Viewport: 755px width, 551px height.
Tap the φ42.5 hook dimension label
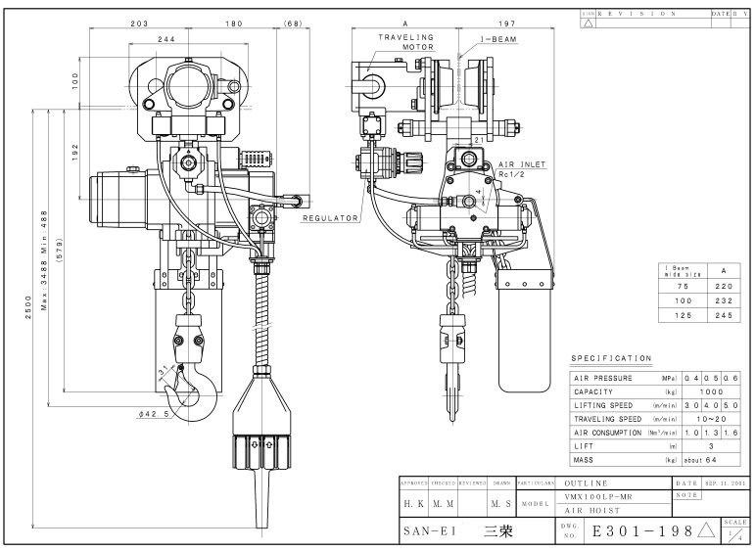click(x=155, y=413)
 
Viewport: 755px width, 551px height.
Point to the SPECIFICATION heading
click(x=611, y=358)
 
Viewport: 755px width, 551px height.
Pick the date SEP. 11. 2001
click(x=726, y=483)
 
